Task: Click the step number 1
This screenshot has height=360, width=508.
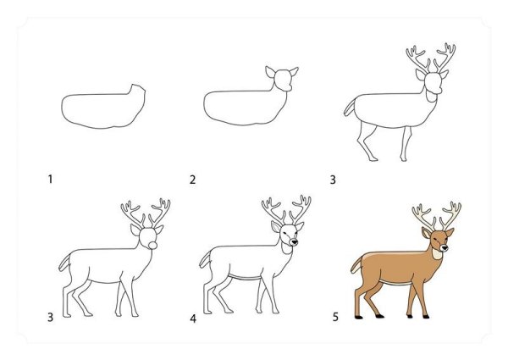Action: click(50, 179)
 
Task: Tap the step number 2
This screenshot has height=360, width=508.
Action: click(193, 180)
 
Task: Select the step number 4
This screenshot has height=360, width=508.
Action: click(193, 318)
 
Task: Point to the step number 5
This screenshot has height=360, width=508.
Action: click(335, 317)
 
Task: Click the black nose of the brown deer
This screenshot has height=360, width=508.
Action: click(444, 248)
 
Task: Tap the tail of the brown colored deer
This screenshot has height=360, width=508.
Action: click(357, 264)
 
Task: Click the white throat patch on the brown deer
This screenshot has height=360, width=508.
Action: click(437, 253)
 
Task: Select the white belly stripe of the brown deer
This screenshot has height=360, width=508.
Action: click(395, 282)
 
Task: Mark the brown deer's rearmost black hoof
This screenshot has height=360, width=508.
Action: click(358, 318)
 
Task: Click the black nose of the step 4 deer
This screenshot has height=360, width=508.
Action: click(294, 241)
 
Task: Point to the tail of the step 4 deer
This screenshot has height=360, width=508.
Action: click(206, 259)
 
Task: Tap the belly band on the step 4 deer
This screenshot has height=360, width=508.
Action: click(245, 277)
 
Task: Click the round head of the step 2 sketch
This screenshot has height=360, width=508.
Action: click(283, 80)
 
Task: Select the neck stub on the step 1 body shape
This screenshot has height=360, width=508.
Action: click(137, 90)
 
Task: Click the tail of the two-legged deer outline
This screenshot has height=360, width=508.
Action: click(350, 108)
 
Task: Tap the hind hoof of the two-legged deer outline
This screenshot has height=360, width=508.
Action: click(373, 159)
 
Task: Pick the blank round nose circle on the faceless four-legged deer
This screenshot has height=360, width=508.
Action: click(153, 246)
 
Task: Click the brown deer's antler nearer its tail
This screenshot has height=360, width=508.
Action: click(422, 217)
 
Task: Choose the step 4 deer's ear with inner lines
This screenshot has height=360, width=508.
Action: click(276, 226)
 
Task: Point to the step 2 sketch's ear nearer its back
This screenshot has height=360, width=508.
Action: click(270, 72)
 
